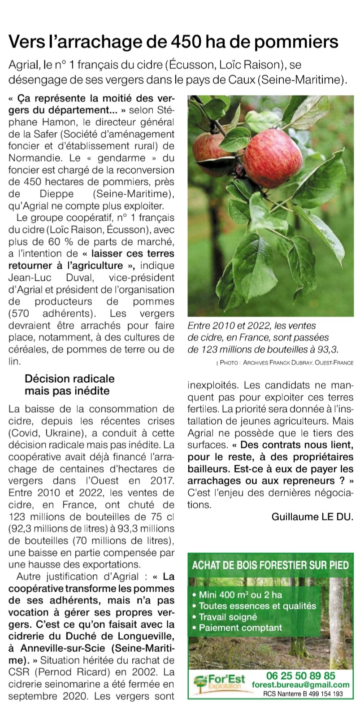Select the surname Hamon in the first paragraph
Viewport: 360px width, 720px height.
click(x=41, y=122)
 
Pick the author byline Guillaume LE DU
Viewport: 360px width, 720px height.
click(x=312, y=516)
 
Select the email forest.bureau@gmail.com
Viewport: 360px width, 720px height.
click(x=300, y=685)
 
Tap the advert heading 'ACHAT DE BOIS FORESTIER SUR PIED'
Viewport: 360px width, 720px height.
click(x=270, y=564)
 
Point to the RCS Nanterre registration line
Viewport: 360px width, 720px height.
click(x=303, y=694)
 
